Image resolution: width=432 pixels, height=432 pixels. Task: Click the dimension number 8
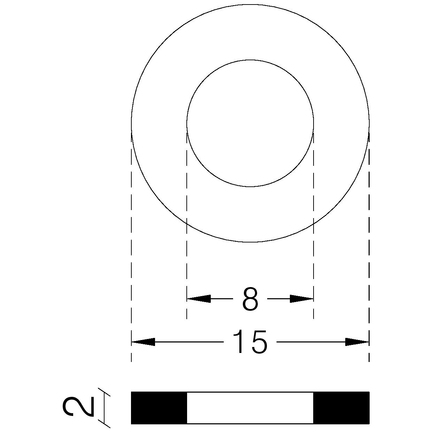point(250,299)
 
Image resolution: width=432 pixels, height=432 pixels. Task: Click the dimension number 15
point(250,342)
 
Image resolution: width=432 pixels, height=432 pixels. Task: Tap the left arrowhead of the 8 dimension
point(199,299)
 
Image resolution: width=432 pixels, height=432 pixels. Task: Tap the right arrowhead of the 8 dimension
point(301,299)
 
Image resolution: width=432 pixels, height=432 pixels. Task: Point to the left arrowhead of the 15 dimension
point(143,342)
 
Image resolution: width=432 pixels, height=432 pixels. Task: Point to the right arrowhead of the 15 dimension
point(357,342)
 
